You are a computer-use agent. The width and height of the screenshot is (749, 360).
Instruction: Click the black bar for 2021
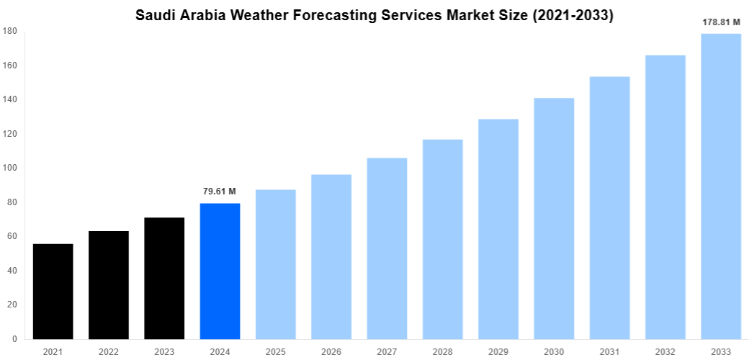tap(53, 292)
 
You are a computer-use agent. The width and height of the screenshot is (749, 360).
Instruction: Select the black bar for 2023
tap(164, 278)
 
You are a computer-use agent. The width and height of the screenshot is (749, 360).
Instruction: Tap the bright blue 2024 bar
tap(220, 271)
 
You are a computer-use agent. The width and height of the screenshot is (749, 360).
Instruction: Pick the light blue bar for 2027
tap(387, 248)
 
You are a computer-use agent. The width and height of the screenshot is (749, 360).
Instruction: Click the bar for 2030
tap(554, 218)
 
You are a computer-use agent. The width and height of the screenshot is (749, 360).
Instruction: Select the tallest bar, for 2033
tap(721, 186)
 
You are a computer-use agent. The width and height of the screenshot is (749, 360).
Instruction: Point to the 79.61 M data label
tap(220, 192)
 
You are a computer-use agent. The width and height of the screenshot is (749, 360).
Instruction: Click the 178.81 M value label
tap(721, 22)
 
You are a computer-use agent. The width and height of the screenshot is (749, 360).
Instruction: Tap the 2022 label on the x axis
tap(109, 352)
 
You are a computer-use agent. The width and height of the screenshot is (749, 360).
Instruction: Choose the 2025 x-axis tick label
tap(276, 352)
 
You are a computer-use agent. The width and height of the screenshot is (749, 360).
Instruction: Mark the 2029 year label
tap(498, 352)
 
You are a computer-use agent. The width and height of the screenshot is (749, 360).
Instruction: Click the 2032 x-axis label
tap(665, 352)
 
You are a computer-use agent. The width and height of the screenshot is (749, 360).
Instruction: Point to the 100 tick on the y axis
tap(10, 168)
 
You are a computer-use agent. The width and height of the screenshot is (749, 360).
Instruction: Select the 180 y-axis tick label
tap(10, 31)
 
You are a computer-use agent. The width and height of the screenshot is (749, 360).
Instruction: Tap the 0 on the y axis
tap(14, 339)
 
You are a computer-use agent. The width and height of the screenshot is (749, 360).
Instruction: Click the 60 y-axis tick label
tap(12, 236)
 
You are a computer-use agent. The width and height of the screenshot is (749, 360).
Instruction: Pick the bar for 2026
tap(331, 256)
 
